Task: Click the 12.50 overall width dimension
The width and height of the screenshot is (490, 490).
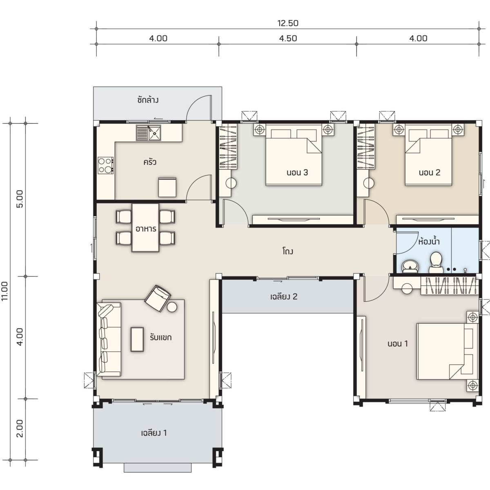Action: [287, 23]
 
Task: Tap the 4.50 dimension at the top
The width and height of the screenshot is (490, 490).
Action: [288, 38]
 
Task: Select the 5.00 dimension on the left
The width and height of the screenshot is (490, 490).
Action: [20, 199]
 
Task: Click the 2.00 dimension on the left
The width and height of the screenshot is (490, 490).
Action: [20, 428]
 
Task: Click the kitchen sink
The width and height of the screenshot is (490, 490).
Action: [149, 133]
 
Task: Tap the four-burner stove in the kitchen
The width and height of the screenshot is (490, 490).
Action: [106, 165]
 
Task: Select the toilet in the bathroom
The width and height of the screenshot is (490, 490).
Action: [436, 263]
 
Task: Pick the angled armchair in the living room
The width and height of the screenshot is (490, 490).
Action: [157, 298]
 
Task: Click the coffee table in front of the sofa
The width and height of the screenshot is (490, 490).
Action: [137, 339]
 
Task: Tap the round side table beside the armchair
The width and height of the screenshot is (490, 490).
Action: [172, 307]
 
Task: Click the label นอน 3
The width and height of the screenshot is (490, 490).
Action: [297, 173]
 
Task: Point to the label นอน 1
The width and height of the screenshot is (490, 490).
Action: [398, 344]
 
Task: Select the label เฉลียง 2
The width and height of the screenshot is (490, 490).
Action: [284, 296]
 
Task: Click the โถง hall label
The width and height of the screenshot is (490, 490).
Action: [287, 251]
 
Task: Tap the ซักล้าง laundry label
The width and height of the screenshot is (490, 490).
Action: [148, 100]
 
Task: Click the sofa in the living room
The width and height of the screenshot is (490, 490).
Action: [109, 339]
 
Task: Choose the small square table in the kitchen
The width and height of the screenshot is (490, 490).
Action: [167, 187]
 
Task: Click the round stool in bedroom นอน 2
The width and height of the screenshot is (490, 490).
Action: [369, 183]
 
